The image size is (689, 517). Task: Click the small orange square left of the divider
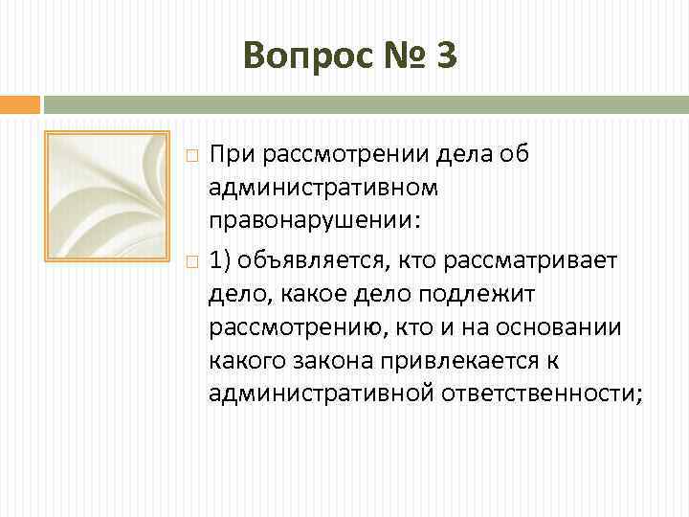pyautogui.click(x=19, y=103)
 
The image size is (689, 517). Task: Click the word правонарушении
pyautogui.click(x=311, y=220)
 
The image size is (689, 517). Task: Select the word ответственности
pyautogui.click(x=542, y=394)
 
